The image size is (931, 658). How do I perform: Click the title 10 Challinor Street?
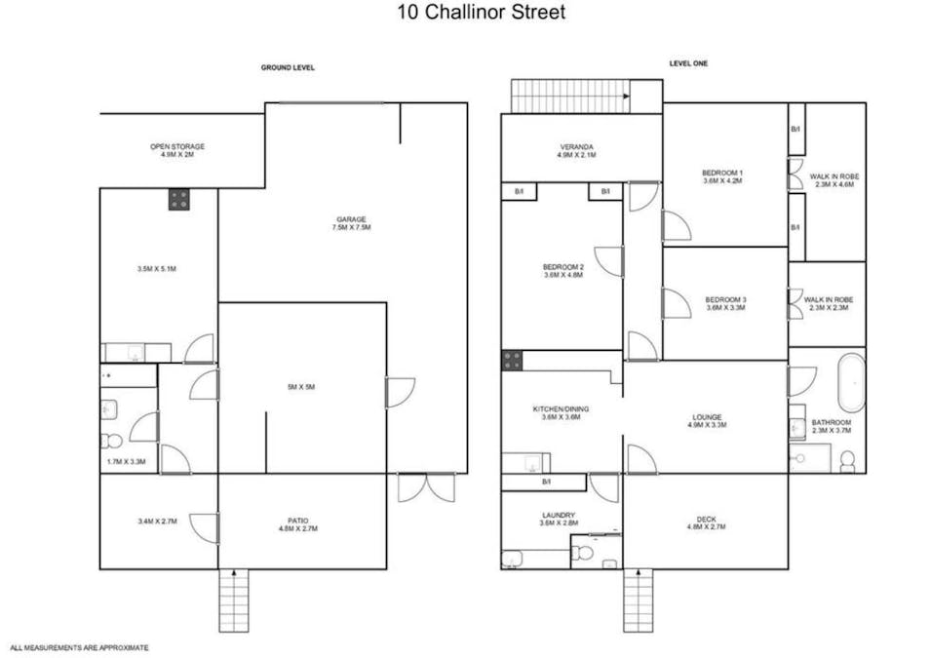click(481, 12)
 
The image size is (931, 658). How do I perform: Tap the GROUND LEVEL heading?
click(288, 67)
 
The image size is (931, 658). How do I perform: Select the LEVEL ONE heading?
click(688, 63)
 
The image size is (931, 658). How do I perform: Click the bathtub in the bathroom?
click(851, 382)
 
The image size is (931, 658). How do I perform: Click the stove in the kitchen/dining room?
click(512, 361)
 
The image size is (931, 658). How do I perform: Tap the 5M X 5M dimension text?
click(301, 387)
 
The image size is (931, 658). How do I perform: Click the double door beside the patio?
click(426, 487)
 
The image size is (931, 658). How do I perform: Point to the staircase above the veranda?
click(570, 97)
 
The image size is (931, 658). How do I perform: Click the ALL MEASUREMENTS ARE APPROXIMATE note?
click(80, 648)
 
